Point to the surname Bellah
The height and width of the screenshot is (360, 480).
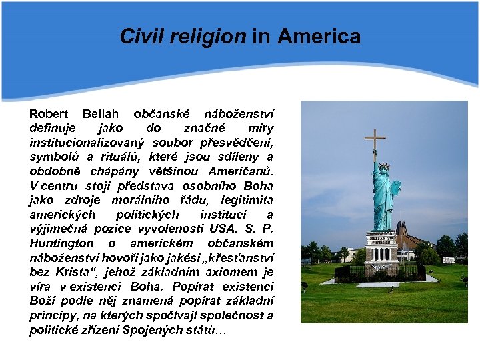[x=103, y=113]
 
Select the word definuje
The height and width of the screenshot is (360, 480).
[x=53, y=127]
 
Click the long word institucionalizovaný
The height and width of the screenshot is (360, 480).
[x=87, y=142]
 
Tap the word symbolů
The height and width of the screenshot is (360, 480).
[x=53, y=157]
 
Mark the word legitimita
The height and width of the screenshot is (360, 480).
[x=241, y=200]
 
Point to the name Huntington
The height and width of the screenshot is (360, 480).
[x=62, y=243]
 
